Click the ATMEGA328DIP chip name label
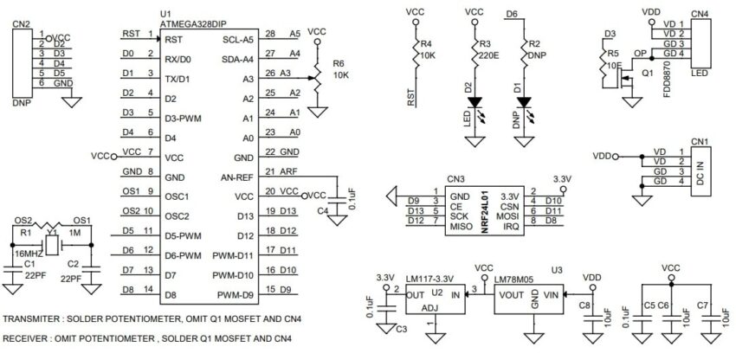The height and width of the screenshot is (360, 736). (193, 25)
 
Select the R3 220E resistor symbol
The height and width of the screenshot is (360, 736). (474, 58)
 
